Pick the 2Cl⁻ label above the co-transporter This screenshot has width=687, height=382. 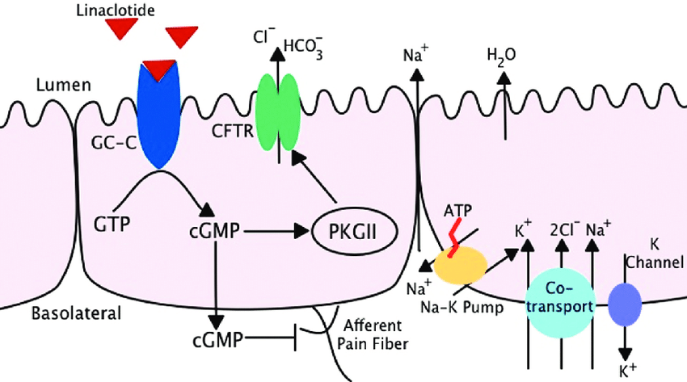tap(562, 229)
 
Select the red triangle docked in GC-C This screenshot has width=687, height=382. tap(159, 69)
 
